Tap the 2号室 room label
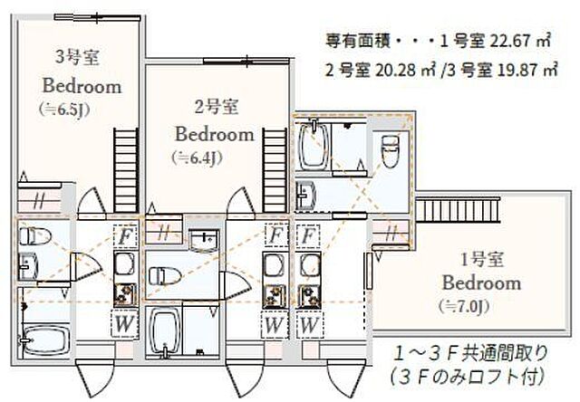(216, 108)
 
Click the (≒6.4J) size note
(197, 157)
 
